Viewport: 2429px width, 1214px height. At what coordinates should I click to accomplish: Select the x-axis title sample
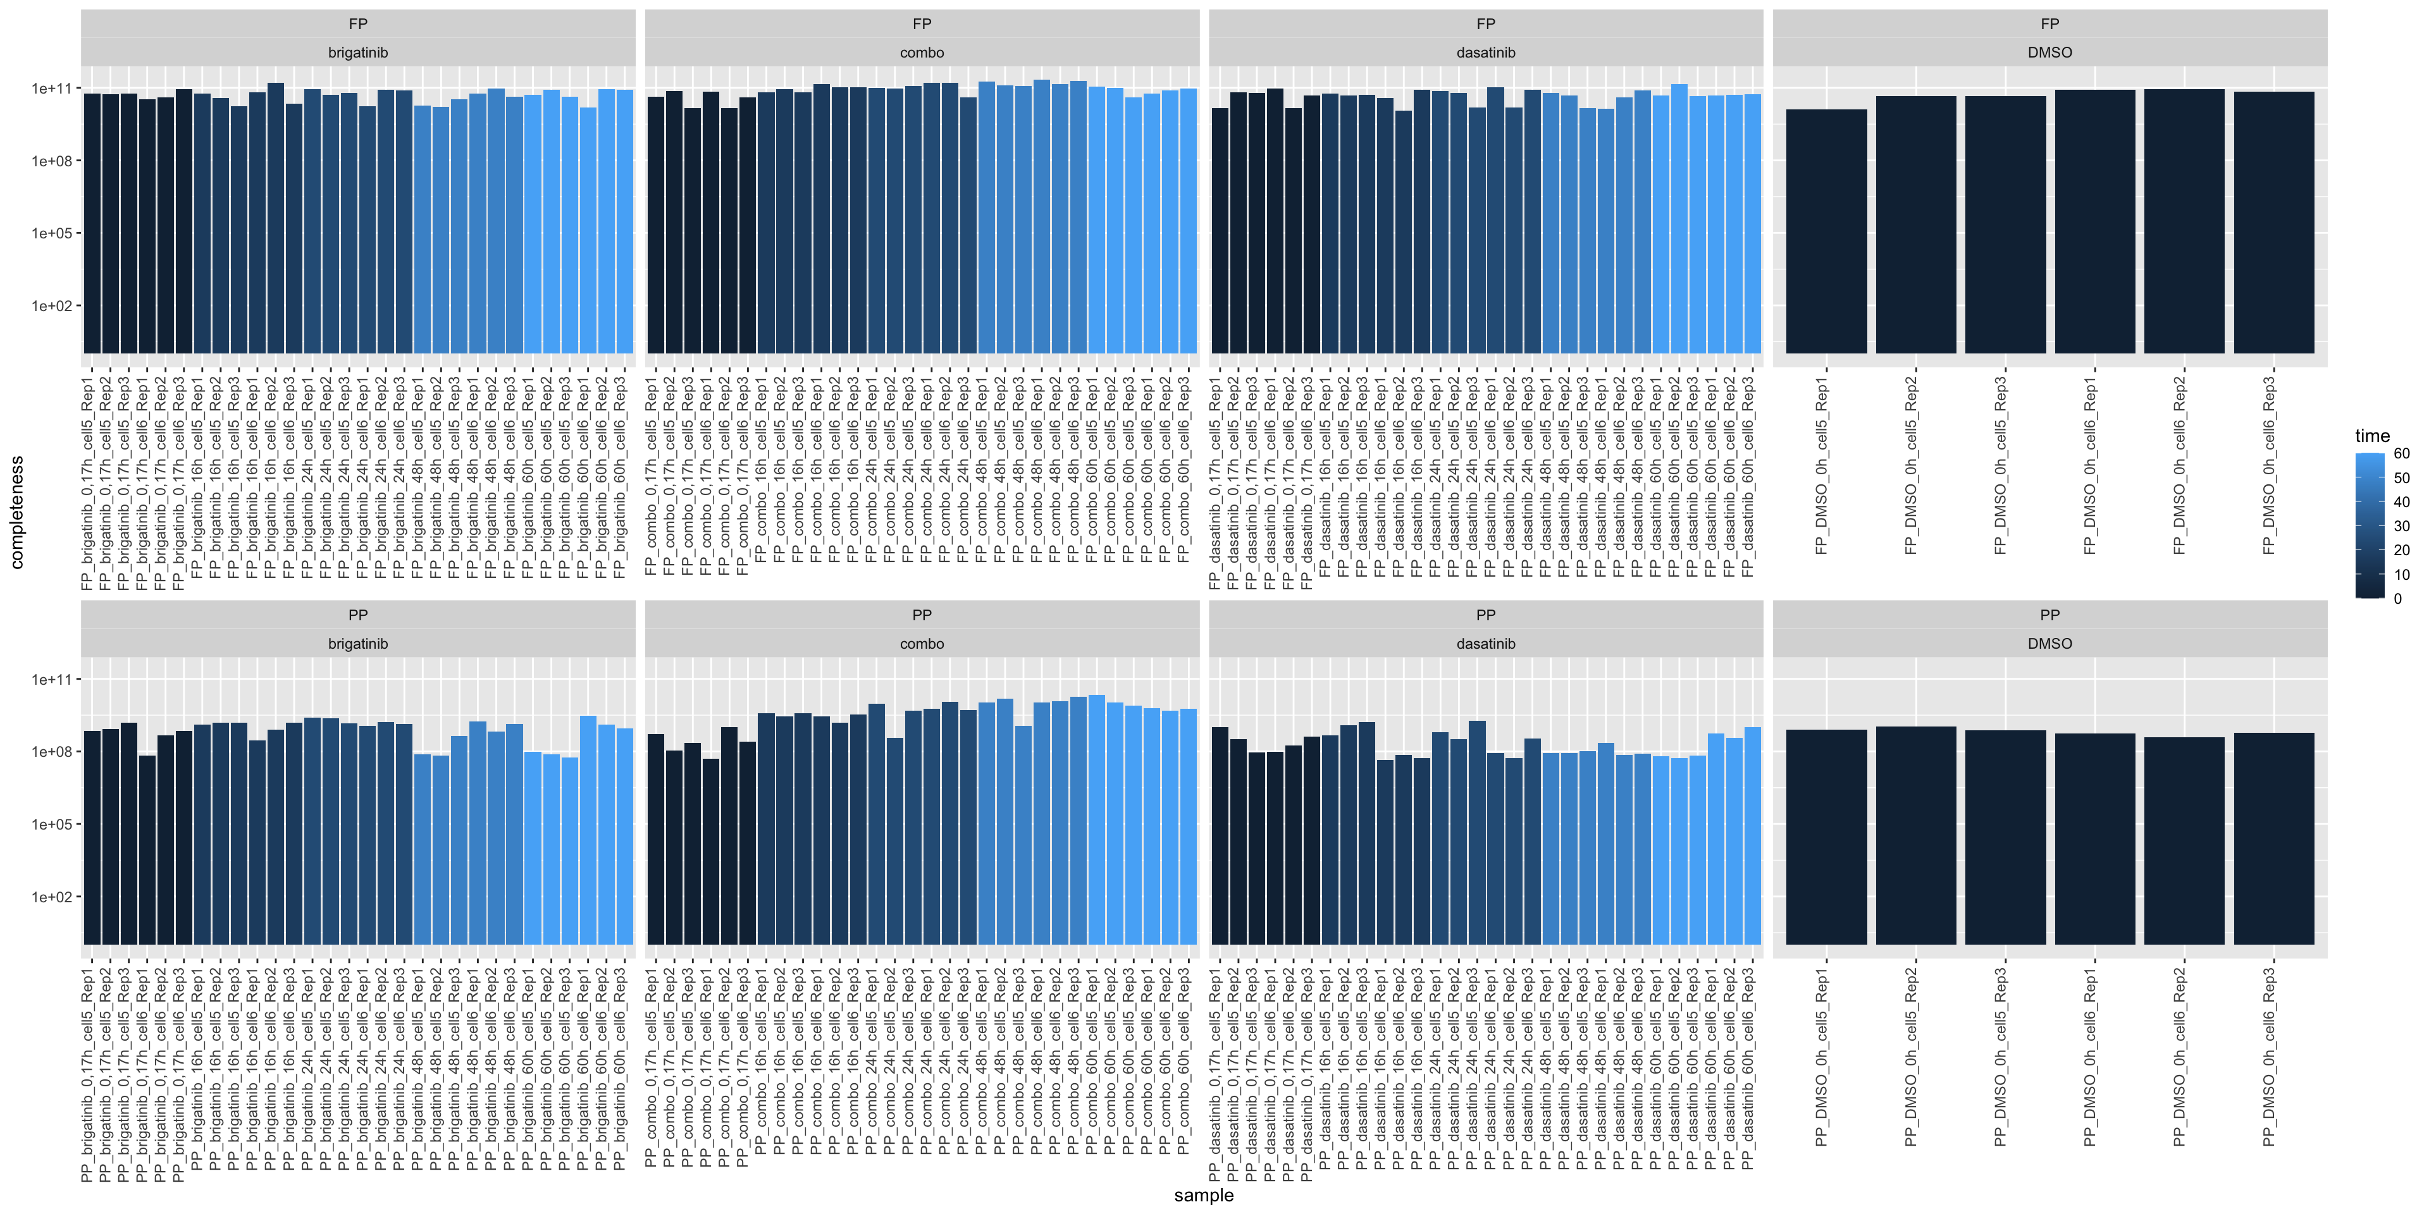click(x=1203, y=1195)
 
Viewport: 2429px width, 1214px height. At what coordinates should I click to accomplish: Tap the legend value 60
click(x=2401, y=453)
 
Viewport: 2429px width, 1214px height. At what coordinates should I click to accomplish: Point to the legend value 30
click(x=2401, y=526)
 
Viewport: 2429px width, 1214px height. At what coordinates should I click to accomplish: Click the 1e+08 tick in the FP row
click(x=52, y=161)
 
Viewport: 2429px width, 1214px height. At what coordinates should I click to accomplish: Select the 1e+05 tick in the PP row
click(x=52, y=825)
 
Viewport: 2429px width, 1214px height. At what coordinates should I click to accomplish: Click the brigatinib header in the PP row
click(x=357, y=644)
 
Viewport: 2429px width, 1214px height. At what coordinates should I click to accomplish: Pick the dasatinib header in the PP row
click(x=1485, y=644)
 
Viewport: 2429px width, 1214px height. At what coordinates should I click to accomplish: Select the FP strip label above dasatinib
click(x=1485, y=23)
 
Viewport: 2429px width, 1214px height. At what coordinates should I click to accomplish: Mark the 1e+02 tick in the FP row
click(x=52, y=306)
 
